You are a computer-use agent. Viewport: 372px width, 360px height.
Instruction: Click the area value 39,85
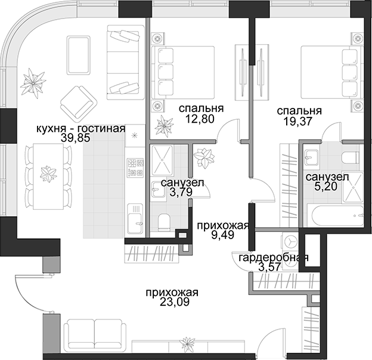tap(76, 138)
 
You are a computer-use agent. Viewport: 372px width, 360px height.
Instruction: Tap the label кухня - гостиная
tap(80, 129)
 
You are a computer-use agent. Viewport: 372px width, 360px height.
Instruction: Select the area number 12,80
tap(200, 119)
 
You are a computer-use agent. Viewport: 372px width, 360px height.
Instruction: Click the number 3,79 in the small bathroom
tap(181, 192)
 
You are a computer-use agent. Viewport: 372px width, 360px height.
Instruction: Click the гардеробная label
tap(274, 258)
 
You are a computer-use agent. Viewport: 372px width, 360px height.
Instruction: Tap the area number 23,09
tap(175, 302)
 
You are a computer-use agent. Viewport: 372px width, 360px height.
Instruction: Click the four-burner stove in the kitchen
tap(135, 168)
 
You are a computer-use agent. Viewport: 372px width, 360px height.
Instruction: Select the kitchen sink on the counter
tap(135, 218)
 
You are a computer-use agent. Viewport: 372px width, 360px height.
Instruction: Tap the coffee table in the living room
tap(79, 55)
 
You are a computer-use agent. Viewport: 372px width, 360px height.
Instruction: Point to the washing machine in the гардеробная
tap(290, 252)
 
